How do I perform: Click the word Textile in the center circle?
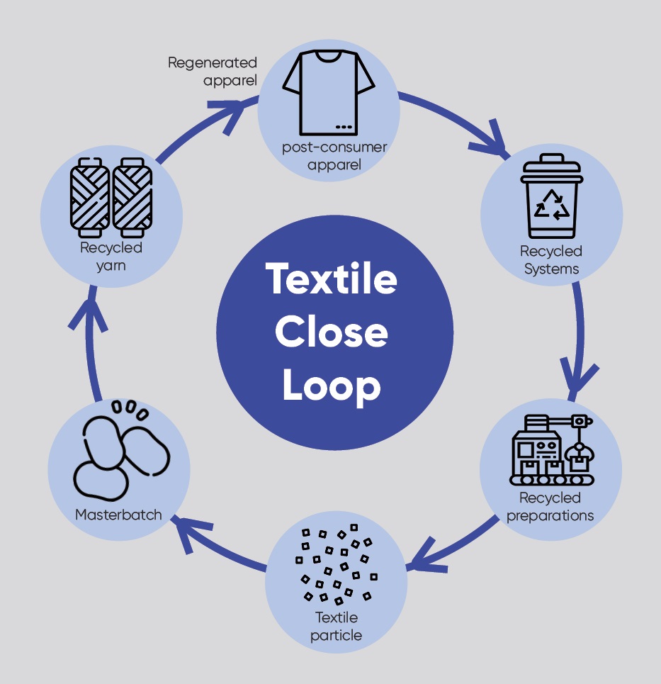coord(331,279)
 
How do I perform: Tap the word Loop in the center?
coord(331,386)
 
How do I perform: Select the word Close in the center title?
coord(331,332)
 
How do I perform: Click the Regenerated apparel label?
coord(213,72)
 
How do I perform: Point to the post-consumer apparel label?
coord(334,156)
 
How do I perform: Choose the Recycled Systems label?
coord(551,260)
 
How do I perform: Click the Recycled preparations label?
coord(550,506)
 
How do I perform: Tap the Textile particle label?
coord(337,626)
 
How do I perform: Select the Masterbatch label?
coord(118,515)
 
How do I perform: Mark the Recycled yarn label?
coord(111,257)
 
